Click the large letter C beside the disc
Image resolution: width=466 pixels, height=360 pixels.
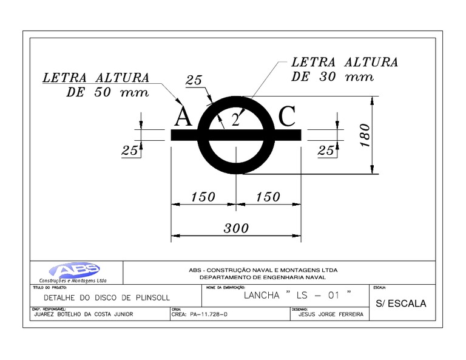pyautogui.click(x=286, y=117)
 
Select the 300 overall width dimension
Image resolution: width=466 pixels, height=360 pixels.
pyautogui.click(x=236, y=228)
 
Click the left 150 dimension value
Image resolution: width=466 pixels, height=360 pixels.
pyautogui.click(x=203, y=197)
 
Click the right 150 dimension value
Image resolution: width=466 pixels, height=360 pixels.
pyautogui.click(x=268, y=197)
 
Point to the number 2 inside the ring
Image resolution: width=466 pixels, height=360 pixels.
pyautogui.click(x=235, y=120)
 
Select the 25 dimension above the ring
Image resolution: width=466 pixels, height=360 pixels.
pyautogui.click(x=194, y=80)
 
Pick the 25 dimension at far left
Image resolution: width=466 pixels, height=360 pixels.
pyautogui.click(x=129, y=151)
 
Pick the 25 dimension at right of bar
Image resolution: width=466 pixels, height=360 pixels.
pyautogui.click(x=326, y=151)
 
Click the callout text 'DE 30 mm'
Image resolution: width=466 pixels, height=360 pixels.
pyautogui.click(x=333, y=77)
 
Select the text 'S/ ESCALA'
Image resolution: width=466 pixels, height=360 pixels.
pyautogui.click(x=401, y=303)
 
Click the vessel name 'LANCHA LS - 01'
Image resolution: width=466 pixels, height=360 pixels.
pyautogui.click(x=297, y=296)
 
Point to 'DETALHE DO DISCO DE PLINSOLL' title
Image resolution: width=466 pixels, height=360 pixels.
pyautogui.click(x=107, y=298)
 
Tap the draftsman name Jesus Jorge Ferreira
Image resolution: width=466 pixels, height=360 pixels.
pyautogui.click(x=331, y=314)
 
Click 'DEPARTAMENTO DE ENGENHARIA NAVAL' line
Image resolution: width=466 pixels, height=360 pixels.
pyautogui.click(x=263, y=277)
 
